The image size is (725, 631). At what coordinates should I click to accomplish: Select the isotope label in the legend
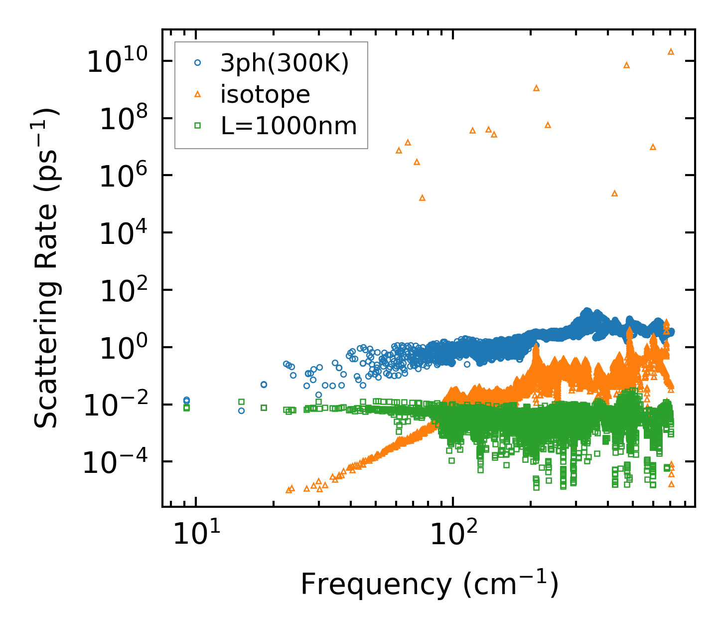265,94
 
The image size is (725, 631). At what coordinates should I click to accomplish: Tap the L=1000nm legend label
289,126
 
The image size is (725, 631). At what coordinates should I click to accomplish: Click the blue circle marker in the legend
197,63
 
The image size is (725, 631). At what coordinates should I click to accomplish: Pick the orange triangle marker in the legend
197,94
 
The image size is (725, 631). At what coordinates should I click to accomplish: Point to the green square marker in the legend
197,126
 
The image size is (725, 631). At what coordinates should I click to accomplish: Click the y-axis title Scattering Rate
46,268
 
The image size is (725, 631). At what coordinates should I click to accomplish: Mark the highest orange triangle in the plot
671,51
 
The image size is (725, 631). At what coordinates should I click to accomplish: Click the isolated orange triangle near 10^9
536,88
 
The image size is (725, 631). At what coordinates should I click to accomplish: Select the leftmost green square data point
186,408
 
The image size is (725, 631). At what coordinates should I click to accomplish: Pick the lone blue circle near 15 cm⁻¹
241,411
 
